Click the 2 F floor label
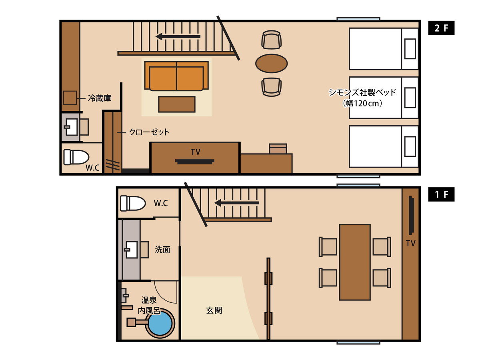pos(441,28)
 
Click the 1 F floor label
pos(441,194)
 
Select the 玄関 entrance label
pos(214,310)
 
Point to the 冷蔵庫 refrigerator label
pos(100,98)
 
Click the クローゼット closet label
pos(149,132)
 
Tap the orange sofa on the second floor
pos(176,76)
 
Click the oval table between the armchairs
pos(271,63)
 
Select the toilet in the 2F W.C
pos(76,157)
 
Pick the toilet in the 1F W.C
pos(133,203)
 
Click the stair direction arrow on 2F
pos(178,36)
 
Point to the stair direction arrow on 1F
pos(237,203)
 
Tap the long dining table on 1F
pos(355,262)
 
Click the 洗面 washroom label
pos(162,249)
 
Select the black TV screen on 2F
pos(195,162)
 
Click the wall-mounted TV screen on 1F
pos(411,215)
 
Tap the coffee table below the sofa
pos(177,104)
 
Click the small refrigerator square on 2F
pos(70,98)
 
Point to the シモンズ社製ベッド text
pos(362,92)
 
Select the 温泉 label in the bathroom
pos(149,300)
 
